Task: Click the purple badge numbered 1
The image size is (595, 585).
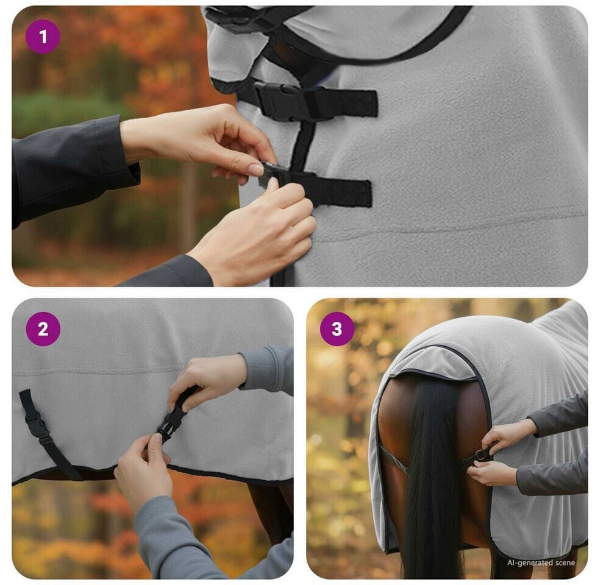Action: pos(43,37)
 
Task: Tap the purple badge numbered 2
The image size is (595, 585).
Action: pos(43,329)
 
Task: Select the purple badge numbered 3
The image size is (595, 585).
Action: pos(337,329)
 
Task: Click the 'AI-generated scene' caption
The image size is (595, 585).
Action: pos(541,562)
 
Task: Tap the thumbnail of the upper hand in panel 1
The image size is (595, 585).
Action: pos(255,169)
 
